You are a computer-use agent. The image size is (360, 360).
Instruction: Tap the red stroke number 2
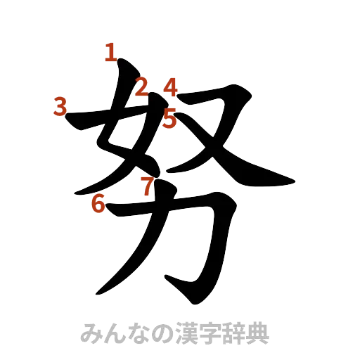pos(141,88)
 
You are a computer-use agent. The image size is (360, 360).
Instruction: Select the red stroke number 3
pos(60,107)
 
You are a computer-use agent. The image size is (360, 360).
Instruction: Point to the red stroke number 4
pos(171,87)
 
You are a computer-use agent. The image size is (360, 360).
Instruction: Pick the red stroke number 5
pos(169,117)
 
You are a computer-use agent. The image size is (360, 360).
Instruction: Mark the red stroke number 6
pos(99,204)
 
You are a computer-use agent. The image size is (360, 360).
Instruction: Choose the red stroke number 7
pos(146,186)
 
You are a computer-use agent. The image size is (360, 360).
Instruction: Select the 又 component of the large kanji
pos(211,134)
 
